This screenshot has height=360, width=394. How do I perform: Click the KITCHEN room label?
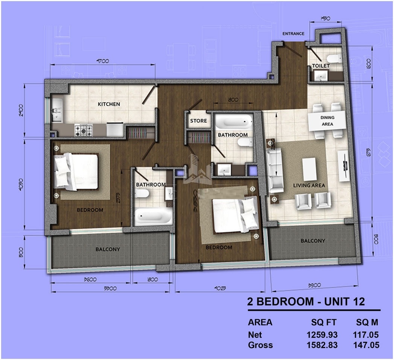click(109, 104)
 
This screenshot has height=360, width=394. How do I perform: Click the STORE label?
click(198, 121)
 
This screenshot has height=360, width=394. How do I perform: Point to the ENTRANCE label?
click(293, 34)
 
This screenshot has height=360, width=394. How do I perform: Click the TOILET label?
click(321, 66)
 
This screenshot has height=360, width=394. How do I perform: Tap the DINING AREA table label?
click(327, 121)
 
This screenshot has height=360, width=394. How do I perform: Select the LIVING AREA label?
click(309, 185)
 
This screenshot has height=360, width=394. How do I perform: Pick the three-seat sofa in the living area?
click(275, 169)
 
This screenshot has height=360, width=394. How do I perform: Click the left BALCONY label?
click(108, 249)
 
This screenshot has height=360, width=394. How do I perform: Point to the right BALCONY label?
click(312, 241)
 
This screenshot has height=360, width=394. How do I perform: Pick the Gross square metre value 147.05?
click(366, 345)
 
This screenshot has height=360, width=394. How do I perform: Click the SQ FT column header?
click(324, 323)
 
